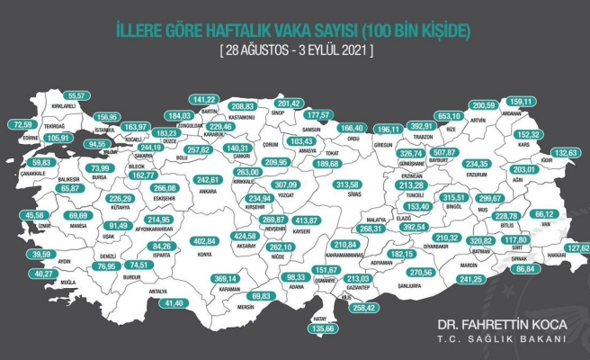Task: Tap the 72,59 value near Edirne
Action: (29, 124)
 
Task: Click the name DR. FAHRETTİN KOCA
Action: (500, 322)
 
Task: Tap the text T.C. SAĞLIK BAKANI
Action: (514, 338)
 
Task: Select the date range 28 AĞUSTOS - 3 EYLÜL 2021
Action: (295, 50)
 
